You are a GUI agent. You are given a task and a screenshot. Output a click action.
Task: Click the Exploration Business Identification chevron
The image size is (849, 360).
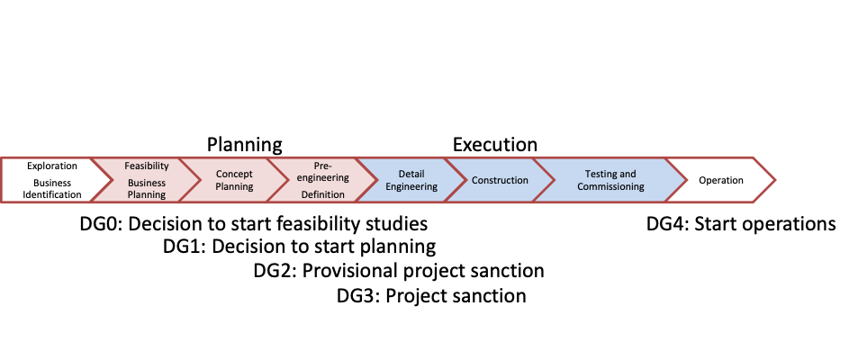[52, 180]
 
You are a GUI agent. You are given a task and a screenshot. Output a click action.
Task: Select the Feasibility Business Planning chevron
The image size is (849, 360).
[146, 180]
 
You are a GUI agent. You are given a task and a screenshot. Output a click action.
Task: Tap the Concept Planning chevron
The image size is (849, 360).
[234, 180]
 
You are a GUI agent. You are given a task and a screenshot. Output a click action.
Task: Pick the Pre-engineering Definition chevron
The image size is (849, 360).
[323, 180]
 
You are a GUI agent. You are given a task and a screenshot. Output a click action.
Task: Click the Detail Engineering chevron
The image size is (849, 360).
[412, 180]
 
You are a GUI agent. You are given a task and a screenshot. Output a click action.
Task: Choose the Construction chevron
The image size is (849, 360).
[501, 180]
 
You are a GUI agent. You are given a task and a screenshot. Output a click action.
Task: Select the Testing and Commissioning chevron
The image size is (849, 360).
[610, 180]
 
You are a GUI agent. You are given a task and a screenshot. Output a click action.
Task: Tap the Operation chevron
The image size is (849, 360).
[721, 180]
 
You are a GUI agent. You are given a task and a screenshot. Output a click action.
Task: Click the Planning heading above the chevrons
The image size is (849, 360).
[245, 145]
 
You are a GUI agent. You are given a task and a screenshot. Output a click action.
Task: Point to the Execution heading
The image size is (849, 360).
[495, 145]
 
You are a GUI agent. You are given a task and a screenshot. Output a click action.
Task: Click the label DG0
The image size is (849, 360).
[102, 223]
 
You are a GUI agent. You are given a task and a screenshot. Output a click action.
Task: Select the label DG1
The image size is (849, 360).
[184, 247]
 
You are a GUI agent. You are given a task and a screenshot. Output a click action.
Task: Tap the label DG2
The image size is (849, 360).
[275, 271]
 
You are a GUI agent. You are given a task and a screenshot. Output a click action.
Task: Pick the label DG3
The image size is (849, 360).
[358, 296]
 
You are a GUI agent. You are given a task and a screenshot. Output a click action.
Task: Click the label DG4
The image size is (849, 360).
[668, 223]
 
